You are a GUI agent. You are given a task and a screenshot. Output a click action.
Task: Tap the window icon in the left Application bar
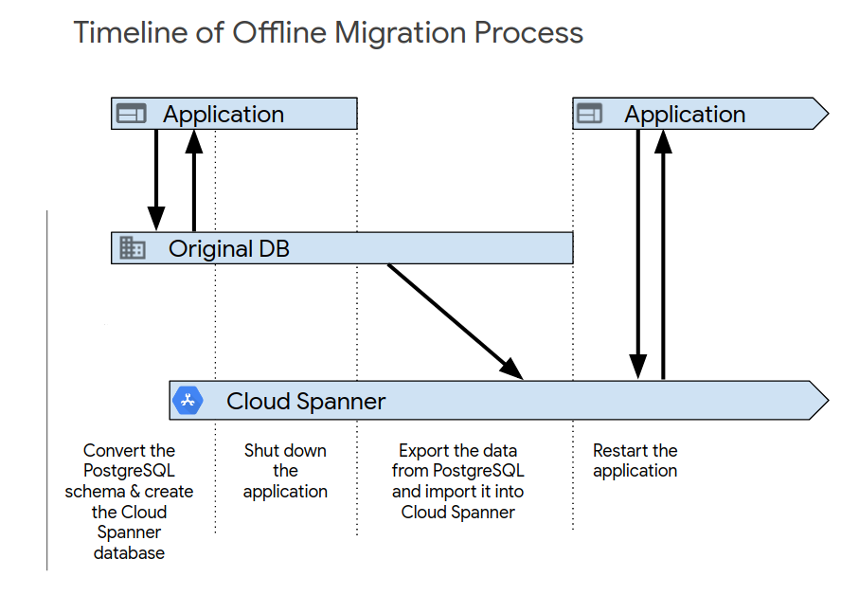click(131, 115)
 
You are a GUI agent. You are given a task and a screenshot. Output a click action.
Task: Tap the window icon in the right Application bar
click(589, 115)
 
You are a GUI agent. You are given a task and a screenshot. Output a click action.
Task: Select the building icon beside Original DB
click(133, 249)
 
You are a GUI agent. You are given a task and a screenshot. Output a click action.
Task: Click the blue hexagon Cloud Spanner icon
click(188, 401)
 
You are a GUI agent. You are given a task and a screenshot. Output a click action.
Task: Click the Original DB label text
click(228, 249)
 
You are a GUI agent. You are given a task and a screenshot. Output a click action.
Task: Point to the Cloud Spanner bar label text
click(305, 401)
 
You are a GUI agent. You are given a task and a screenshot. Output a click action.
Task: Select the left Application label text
click(223, 115)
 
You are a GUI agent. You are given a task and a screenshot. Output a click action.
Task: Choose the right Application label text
click(684, 115)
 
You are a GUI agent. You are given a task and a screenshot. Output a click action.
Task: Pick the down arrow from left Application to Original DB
click(156, 180)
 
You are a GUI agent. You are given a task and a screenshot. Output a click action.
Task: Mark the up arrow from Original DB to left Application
click(194, 180)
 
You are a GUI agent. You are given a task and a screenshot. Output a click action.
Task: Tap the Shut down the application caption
click(285, 471)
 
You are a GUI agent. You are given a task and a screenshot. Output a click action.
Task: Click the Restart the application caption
click(635, 460)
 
